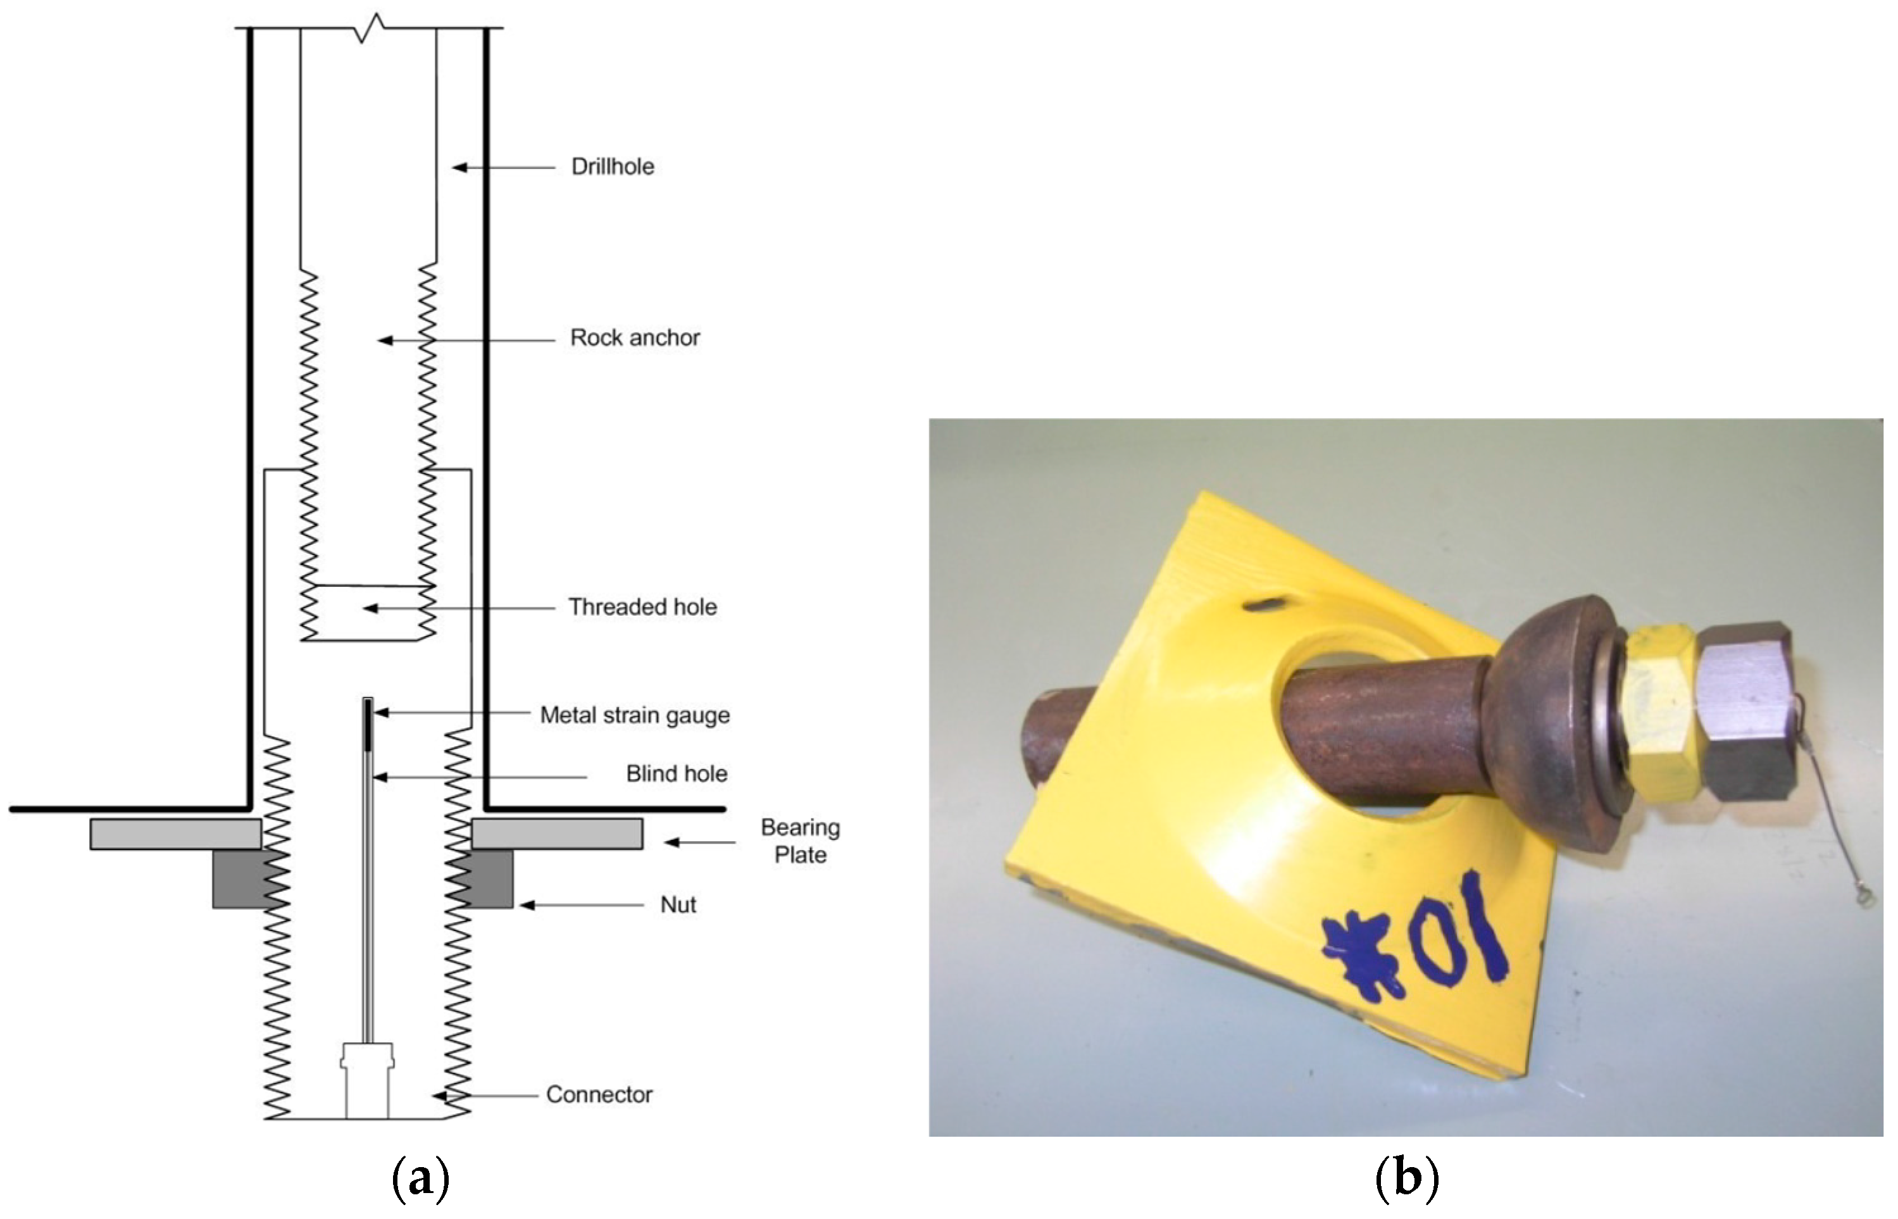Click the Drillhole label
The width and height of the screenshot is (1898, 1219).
coord(613,167)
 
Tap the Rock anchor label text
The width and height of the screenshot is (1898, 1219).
coord(635,338)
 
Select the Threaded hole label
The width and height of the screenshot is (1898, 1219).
coord(643,607)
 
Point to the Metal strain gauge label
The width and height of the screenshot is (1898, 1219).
coord(635,716)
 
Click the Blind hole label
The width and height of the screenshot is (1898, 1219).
coord(676,774)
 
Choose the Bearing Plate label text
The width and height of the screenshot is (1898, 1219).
coord(800,841)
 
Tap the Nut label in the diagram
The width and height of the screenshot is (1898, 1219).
coord(678,904)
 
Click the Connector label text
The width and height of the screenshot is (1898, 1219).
coord(599,1095)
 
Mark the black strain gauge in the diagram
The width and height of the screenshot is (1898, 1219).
coord(368,724)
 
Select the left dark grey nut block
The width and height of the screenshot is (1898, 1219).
coord(237,879)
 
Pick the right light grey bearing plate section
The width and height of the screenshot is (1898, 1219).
coord(557,834)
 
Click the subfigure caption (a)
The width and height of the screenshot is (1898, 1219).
coord(420,1179)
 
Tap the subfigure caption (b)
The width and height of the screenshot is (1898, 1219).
coord(1406,1179)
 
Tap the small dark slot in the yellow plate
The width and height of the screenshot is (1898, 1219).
coord(1264,606)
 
